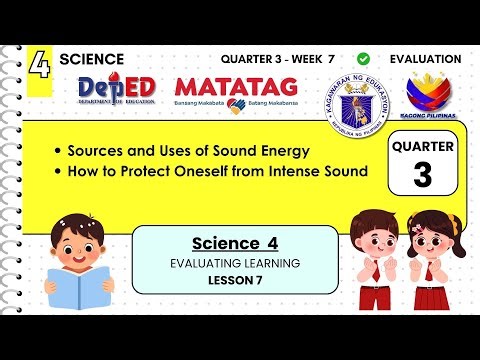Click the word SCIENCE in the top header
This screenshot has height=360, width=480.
(x=92, y=59)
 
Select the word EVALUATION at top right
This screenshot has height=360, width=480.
(x=425, y=59)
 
